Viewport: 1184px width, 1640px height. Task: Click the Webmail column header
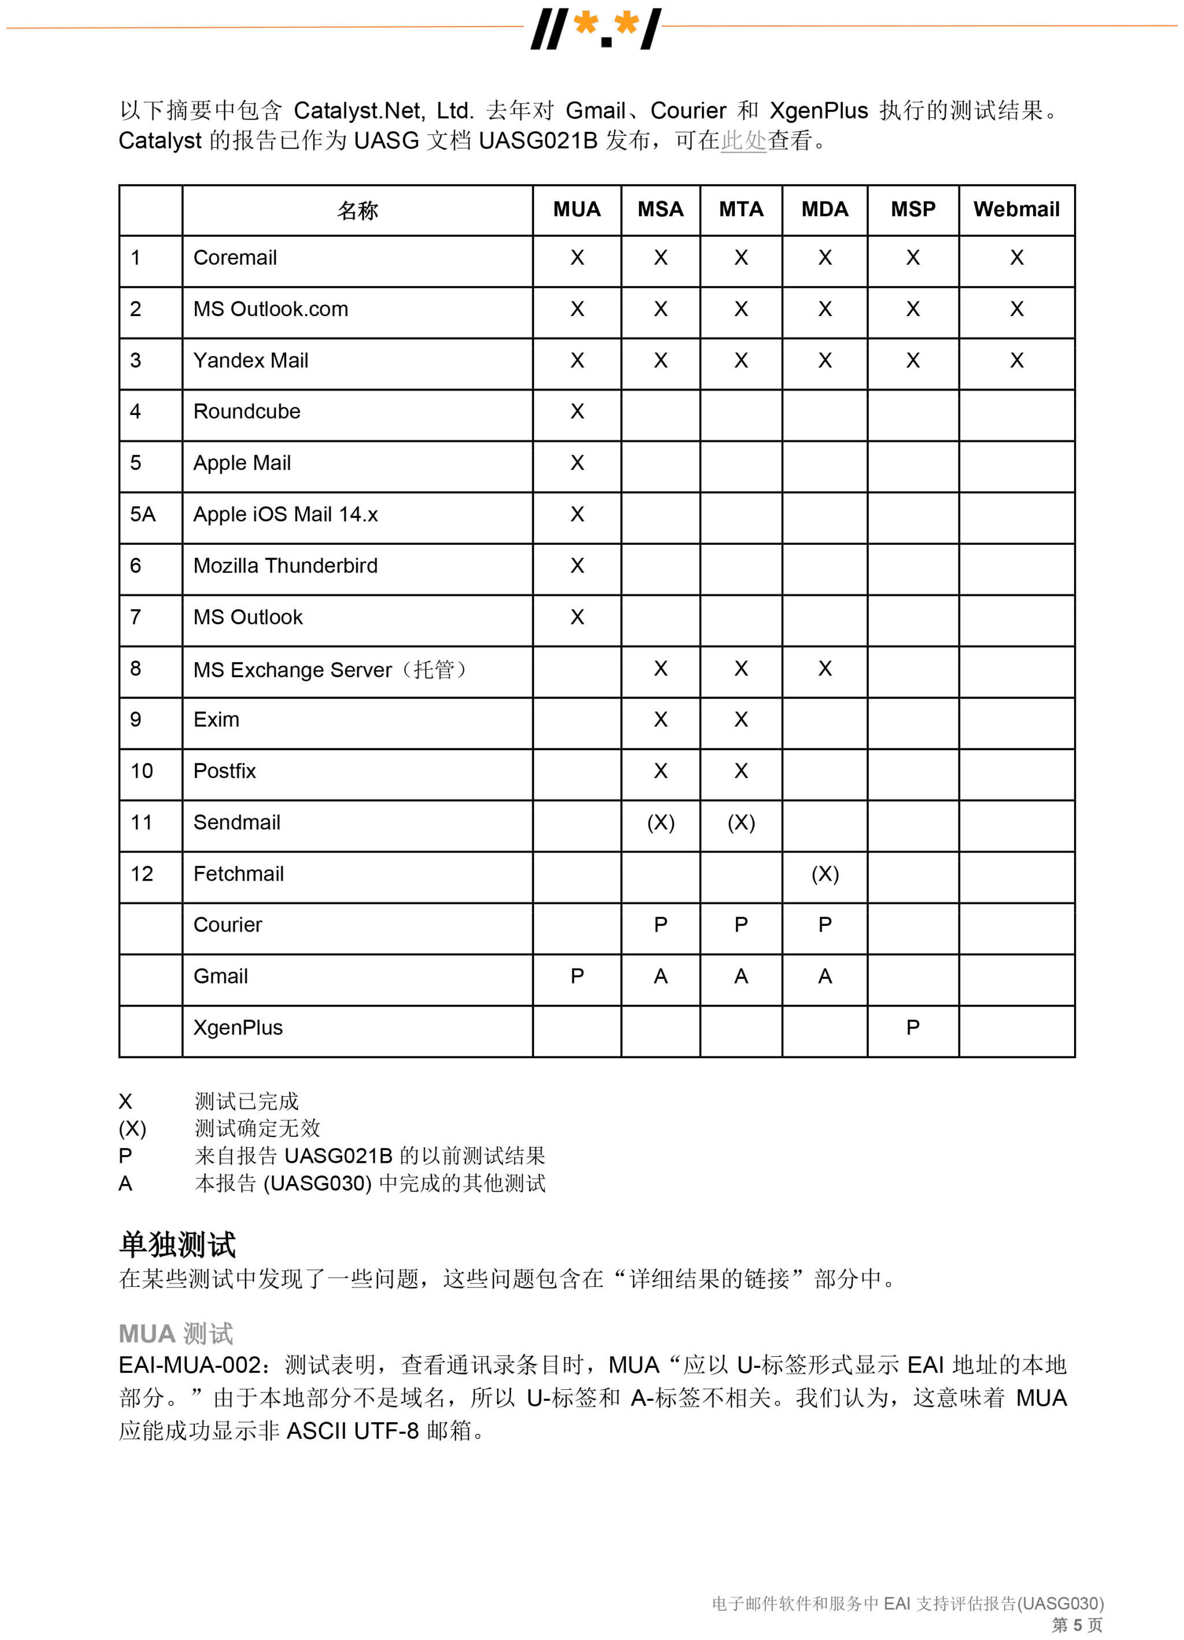(x=1016, y=210)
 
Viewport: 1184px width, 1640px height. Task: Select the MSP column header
(x=912, y=210)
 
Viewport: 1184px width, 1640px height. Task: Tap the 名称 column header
(x=357, y=210)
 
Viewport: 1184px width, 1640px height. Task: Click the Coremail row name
(x=235, y=258)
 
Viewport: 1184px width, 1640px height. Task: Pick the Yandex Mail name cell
(x=250, y=361)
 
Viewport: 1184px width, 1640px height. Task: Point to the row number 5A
(x=142, y=515)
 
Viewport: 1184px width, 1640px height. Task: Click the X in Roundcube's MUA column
(x=576, y=412)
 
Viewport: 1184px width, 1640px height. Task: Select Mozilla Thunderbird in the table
(x=285, y=566)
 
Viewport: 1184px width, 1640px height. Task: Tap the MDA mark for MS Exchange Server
(x=824, y=669)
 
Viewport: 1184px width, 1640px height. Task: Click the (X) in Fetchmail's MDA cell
(x=824, y=874)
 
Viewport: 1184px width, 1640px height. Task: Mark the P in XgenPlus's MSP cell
(x=912, y=1028)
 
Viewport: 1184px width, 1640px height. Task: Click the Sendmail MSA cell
(x=660, y=823)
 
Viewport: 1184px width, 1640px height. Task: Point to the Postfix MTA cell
(x=741, y=771)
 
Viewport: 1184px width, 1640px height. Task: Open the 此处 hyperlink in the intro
(x=743, y=140)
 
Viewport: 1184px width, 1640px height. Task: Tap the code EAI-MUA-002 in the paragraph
(x=189, y=1365)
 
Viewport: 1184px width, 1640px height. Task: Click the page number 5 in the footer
(x=1077, y=1625)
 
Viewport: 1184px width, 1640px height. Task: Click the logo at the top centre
(x=595, y=29)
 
